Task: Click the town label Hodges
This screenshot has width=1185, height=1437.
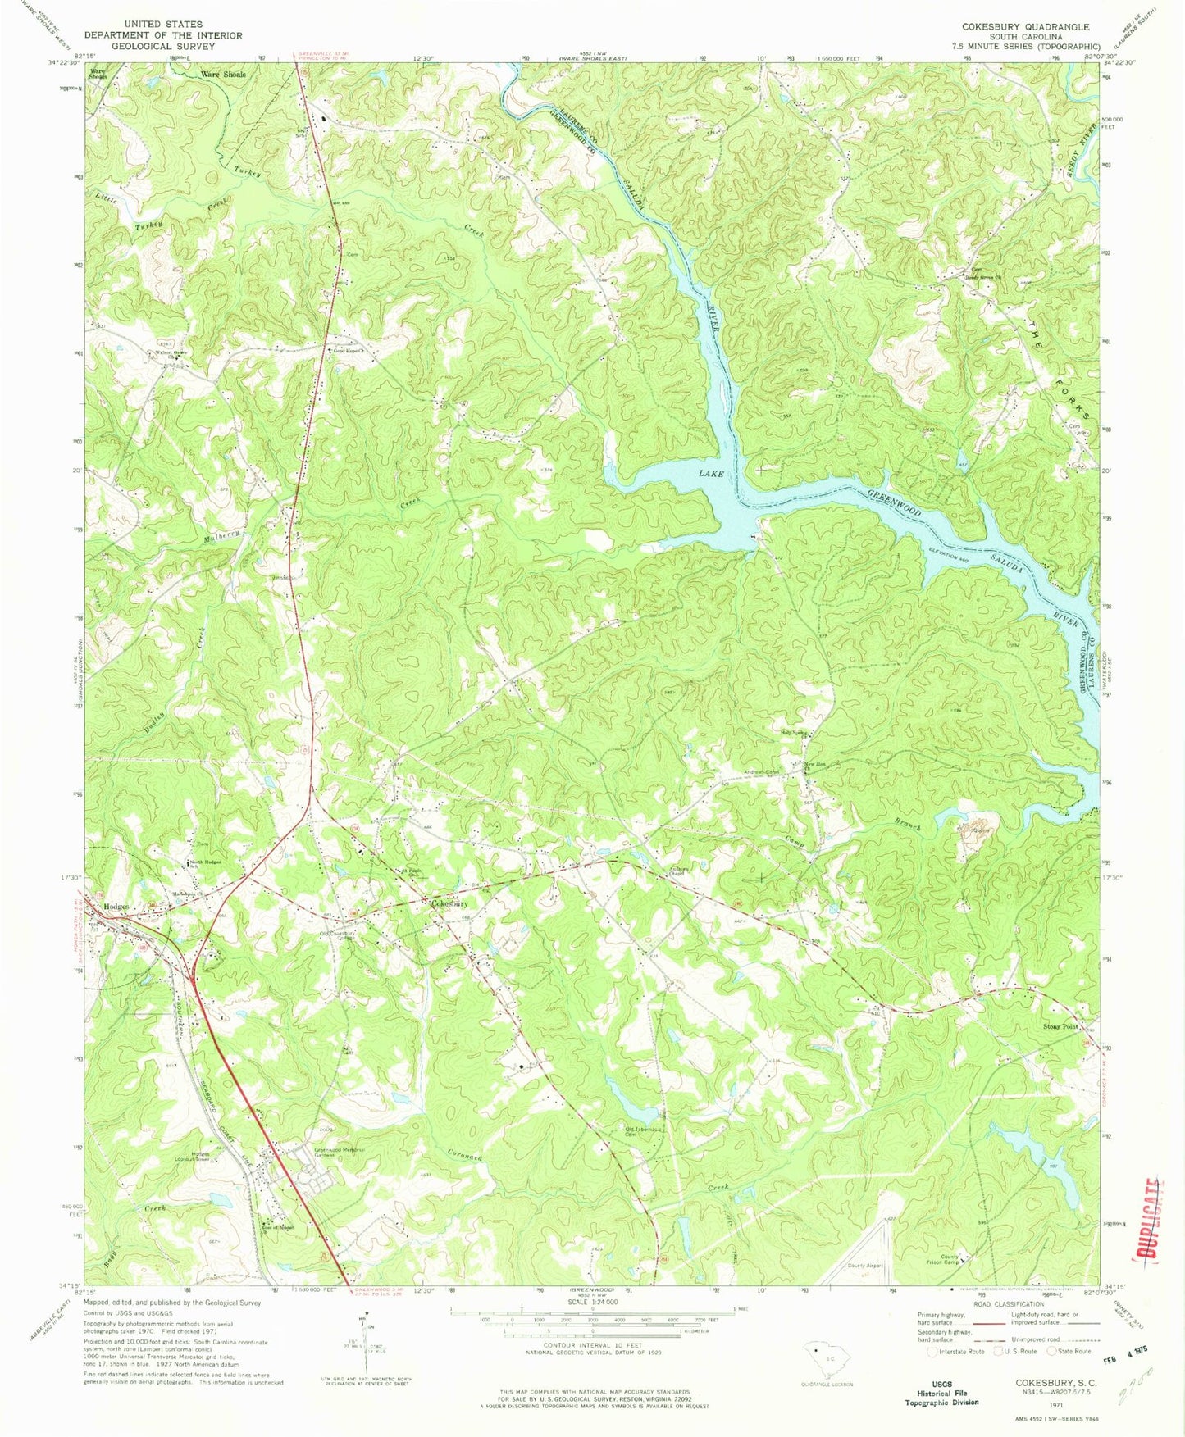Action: pyautogui.click(x=116, y=907)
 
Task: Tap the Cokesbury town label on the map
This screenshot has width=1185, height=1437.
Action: pyautogui.click(x=450, y=903)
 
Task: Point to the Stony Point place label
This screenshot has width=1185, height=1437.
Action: pyautogui.click(x=1060, y=1026)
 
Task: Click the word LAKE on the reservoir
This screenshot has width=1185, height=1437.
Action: pyautogui.click(x=709, y=474)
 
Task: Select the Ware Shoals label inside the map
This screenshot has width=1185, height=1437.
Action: pyautogui.click(x=223, y=75)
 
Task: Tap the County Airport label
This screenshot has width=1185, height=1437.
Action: pyautogui.click(x=864, y=1266)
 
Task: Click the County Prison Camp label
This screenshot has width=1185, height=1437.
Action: pyautogui.click(x=950, y=1259)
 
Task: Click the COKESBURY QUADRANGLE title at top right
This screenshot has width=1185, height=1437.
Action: pyautogui.click(x=1026, y=27)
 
